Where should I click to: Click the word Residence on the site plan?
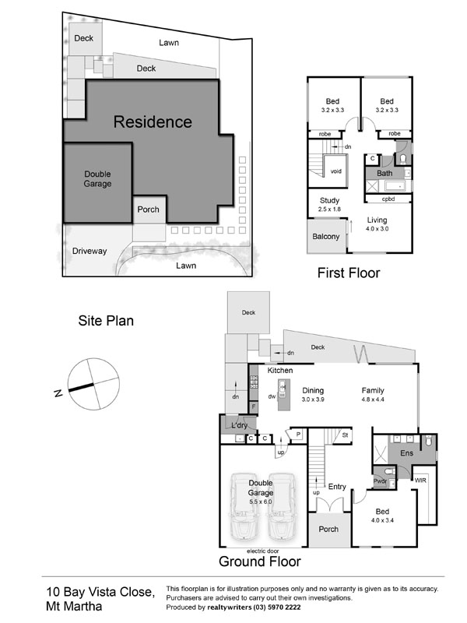[x=153, y=121]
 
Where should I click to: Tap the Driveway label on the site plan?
[x=90, y=251]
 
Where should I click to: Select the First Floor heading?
[x=348, y=273]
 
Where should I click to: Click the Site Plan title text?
[x=104, y=319]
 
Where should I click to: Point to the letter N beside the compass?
[x=58, y=394]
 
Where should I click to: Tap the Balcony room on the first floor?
[x=325, y=237]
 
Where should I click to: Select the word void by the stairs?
[x=335, y=171]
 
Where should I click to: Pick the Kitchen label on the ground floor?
[x=279, y=371]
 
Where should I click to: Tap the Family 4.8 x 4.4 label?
[x=376, y=395]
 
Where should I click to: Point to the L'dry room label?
[x=239, y=426]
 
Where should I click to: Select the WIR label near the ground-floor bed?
[x=420, y=481]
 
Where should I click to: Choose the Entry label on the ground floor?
[x=337, y=487]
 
